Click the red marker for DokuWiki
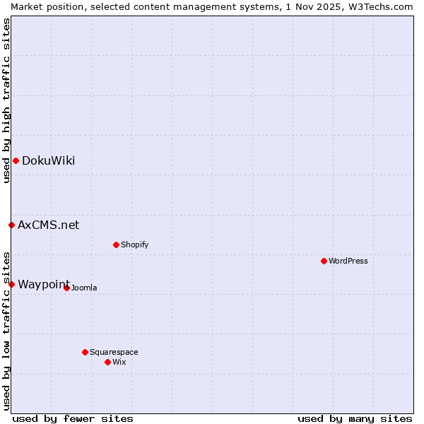(x=16, y=160)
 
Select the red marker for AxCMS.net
(x=11, y=225)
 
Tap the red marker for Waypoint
(x=11, y=284)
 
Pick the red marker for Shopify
(x=116, y=245)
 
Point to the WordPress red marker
(x=324, y=261)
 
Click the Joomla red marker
(x=66, y=288)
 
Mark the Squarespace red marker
(x=85, y=352)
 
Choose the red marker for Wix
(x=107, y=362)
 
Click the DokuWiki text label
(x=48, y=160)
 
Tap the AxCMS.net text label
(x=48, y=225)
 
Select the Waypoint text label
(x=43, y=284)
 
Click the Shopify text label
(x=134, y=245)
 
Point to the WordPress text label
(x=348, y=261)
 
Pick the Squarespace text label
(x=114, y=352)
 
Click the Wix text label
(x=119, y=362)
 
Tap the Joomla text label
(x=84, y=288)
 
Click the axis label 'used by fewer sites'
(x=72, y=418)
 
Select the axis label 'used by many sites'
(x=355, y=418)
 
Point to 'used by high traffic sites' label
(x=6, y=100)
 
